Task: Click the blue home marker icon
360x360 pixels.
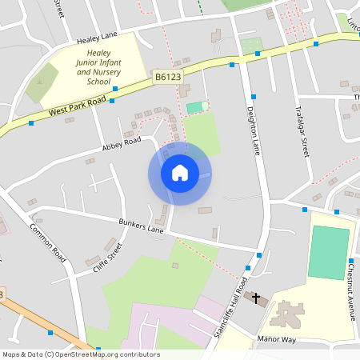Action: pyautogui.click(x=180, y=173)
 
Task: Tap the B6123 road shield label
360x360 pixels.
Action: pyautogui.click(x=167, y=77)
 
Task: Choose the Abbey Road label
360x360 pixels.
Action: pyautogui.click(x=121, y=144)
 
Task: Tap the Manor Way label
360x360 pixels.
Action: pyautogui.click(x=277, y=340)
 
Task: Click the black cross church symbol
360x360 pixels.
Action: pyautogui.click(x=257, y=299)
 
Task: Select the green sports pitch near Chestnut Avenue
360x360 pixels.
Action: pyautogui.click(x=330, y=253)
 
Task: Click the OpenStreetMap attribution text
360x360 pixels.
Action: pyautogui.click(x=81, y=354)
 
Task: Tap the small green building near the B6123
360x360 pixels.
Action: pyautogui.click(x=194, y=107)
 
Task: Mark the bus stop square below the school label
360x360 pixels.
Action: pyautogui.click(x=115, y=88)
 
